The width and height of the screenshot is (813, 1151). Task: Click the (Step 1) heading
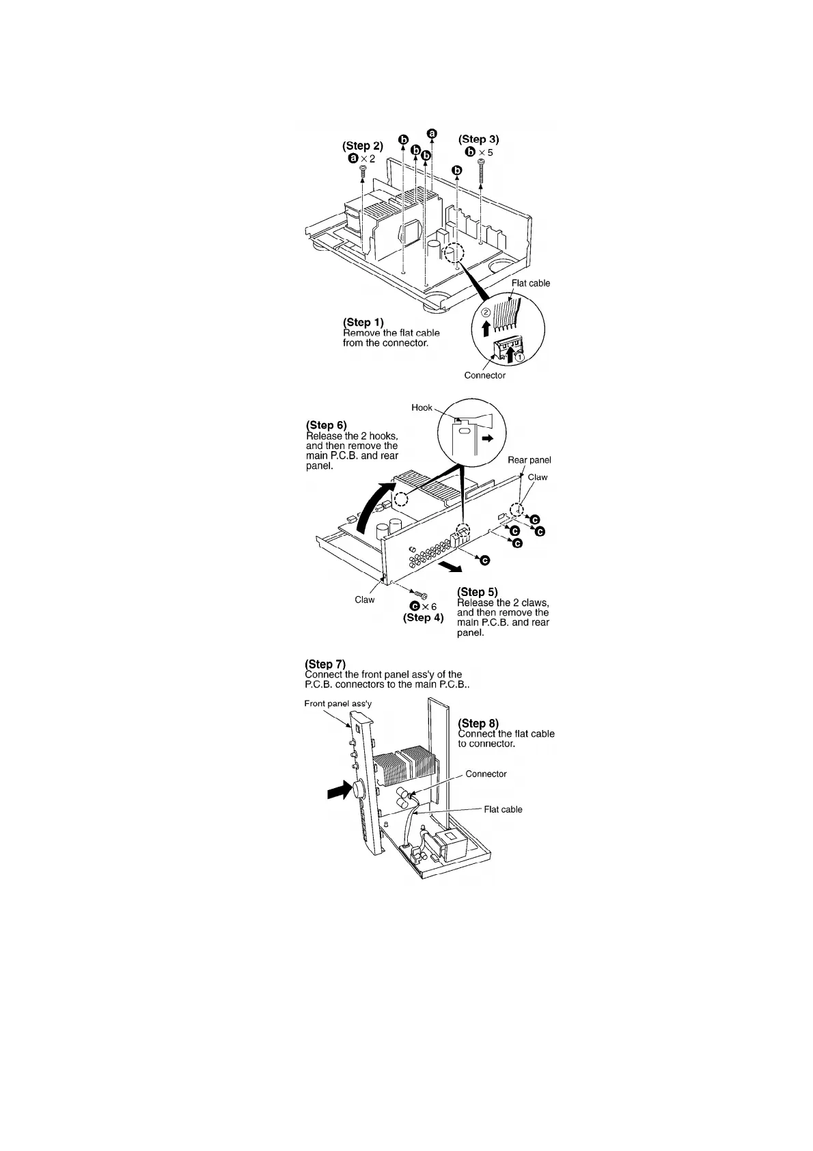pyautogui.click(x=363, y=322)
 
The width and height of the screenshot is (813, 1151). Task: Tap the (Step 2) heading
pyautogui.click(x=363, y=146)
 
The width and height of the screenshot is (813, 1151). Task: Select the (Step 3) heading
pyautogui.click(x=478, y=139)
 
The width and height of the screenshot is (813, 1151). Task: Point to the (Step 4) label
pyautogui.click(x=423, y=618)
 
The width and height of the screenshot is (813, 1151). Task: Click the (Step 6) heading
pyautogui.click(x=327, y=426)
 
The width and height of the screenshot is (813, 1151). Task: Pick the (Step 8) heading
pyautogui.click(x=478, y=723)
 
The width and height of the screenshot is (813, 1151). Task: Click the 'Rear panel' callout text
pyautogui.click(x=529, y=460)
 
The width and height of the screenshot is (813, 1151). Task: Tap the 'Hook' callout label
pyautogui.click(x=422, y=407)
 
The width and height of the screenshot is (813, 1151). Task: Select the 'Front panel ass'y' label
pyautogui.click(x=338, y=703)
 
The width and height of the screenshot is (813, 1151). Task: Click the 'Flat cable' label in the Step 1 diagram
pyautogui.click(x=530, y=283)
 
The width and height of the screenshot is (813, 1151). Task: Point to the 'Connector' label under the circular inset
pyautogui.click(x=484, y=375)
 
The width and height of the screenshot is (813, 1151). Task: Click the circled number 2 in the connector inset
pyautogui.click(x=486, y=312)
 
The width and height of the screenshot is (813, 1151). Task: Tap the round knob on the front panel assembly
pyautogui.click(x=358, y=790)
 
